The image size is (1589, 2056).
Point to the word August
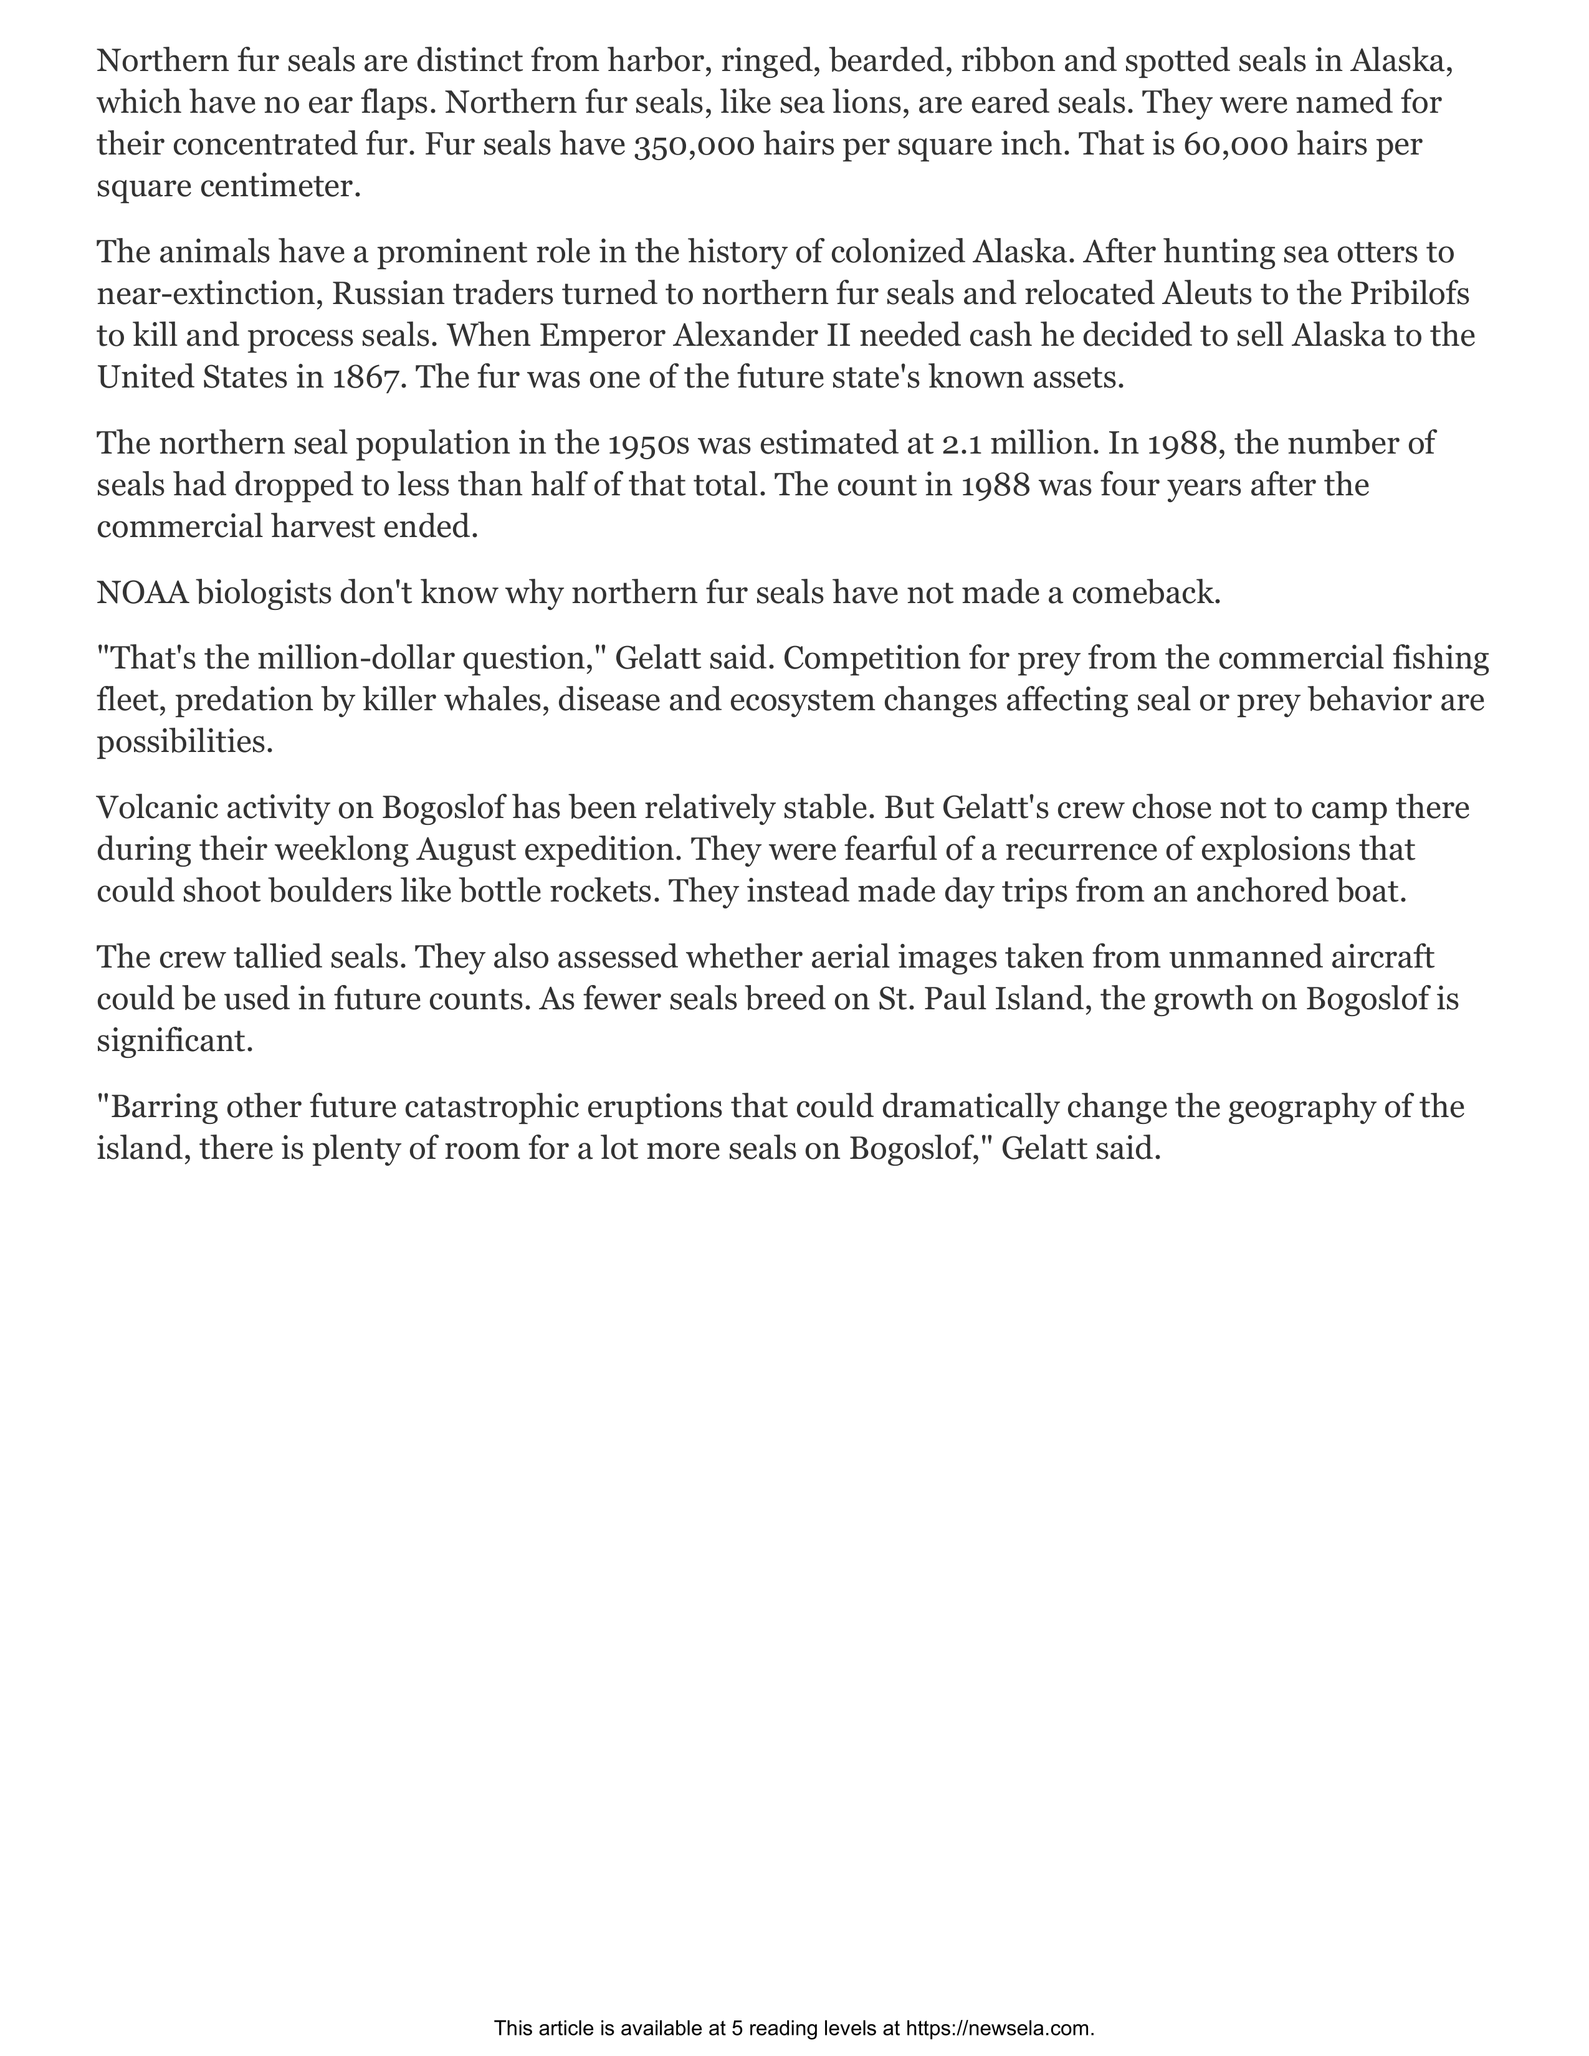click(x=465, y=849)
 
